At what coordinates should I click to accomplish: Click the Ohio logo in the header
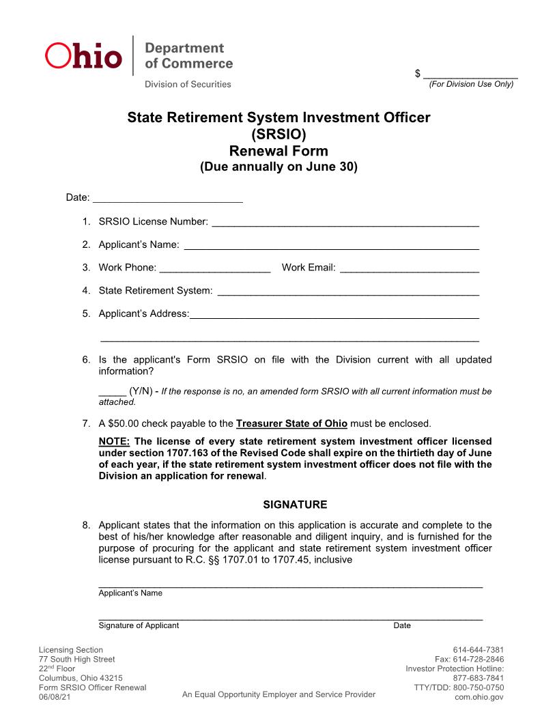pos(83,56)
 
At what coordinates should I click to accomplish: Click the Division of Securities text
pos(187,84)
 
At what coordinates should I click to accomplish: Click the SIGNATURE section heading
pos(295,505)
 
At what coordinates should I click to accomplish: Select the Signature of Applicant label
pos(139,625)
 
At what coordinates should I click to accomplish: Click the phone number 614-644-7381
pos(478,649)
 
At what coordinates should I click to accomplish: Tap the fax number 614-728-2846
pos(470,659)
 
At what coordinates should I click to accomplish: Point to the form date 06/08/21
pos(54,697)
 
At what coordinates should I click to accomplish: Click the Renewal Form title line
pos(278,151)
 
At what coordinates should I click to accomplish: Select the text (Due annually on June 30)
pos(278,167)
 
